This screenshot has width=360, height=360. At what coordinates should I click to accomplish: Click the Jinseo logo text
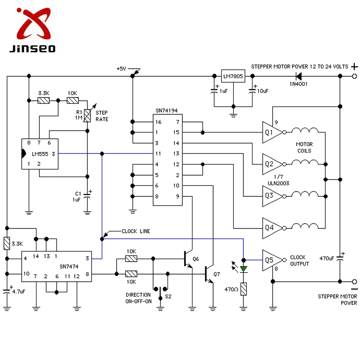pos(32,48)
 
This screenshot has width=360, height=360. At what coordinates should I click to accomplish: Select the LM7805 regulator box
pos(233,76)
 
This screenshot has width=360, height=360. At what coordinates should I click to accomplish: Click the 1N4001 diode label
pos(298,84)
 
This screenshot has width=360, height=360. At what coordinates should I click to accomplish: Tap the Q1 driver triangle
pos(271,132)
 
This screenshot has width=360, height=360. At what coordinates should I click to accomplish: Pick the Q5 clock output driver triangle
pos(271,260)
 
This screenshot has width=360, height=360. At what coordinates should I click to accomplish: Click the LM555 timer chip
pos(40,154)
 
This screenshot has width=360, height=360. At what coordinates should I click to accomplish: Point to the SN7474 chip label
pos(69,266)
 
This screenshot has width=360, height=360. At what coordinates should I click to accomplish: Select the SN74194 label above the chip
pos(168,111)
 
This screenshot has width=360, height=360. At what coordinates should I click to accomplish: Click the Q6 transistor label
pos(195,259)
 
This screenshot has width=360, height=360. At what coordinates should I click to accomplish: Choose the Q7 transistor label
pos(216,274)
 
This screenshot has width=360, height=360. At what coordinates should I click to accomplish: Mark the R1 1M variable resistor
pos(87,115)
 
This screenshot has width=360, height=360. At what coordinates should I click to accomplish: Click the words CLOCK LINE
pos(136,231)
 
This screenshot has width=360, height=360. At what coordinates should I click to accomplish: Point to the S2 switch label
pos(168,297)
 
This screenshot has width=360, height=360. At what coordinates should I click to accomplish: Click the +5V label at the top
pos(121,69)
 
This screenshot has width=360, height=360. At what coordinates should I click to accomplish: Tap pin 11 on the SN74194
pos(157,154)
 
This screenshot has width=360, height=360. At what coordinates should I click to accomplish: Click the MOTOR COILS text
pos(304,147)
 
